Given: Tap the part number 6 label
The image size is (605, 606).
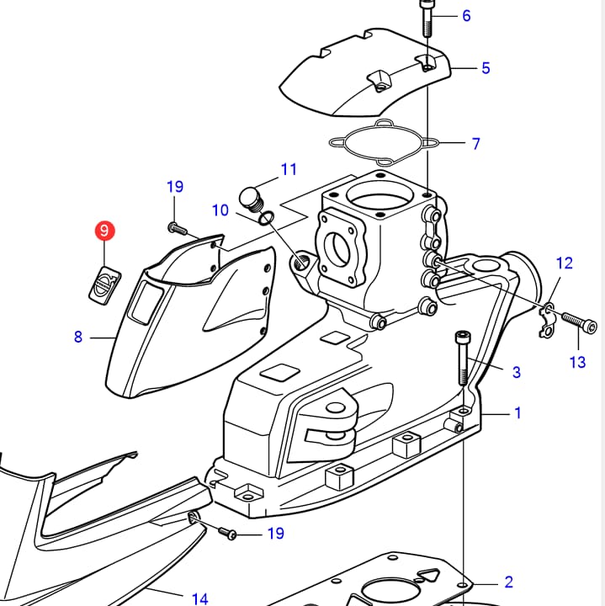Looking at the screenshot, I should click(466, 16).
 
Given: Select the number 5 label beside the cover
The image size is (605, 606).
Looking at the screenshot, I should click(486, 68).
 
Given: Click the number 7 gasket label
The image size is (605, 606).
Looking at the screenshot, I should click(476, 144).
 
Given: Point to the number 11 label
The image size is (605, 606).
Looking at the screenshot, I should click(289, 169).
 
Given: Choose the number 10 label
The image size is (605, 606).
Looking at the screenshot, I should click(220, 210).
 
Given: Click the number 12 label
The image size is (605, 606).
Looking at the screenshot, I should click(564, 263).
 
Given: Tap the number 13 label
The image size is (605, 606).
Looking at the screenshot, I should click(577, 362).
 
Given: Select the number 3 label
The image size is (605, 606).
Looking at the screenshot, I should click(517, 372).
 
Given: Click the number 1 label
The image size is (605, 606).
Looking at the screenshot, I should click(518, 413).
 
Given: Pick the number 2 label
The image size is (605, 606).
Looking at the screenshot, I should click(508, 582).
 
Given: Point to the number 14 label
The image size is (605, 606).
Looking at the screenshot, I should click(199, 599).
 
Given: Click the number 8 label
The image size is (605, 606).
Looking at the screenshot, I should click(78, 337).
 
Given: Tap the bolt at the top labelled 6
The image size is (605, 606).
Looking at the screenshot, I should click(427, 19).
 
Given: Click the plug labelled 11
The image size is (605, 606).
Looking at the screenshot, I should click(251, 199).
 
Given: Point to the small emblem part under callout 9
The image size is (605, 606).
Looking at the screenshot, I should click(103, 281).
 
